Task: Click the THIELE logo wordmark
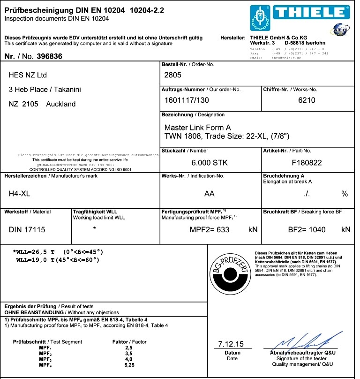pos(314,13)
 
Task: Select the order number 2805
pos(172,75)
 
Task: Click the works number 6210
pos(307,100)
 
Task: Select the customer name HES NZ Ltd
pos(28,75)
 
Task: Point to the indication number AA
pos(210,193)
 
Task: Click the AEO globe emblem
pos(340,30)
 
